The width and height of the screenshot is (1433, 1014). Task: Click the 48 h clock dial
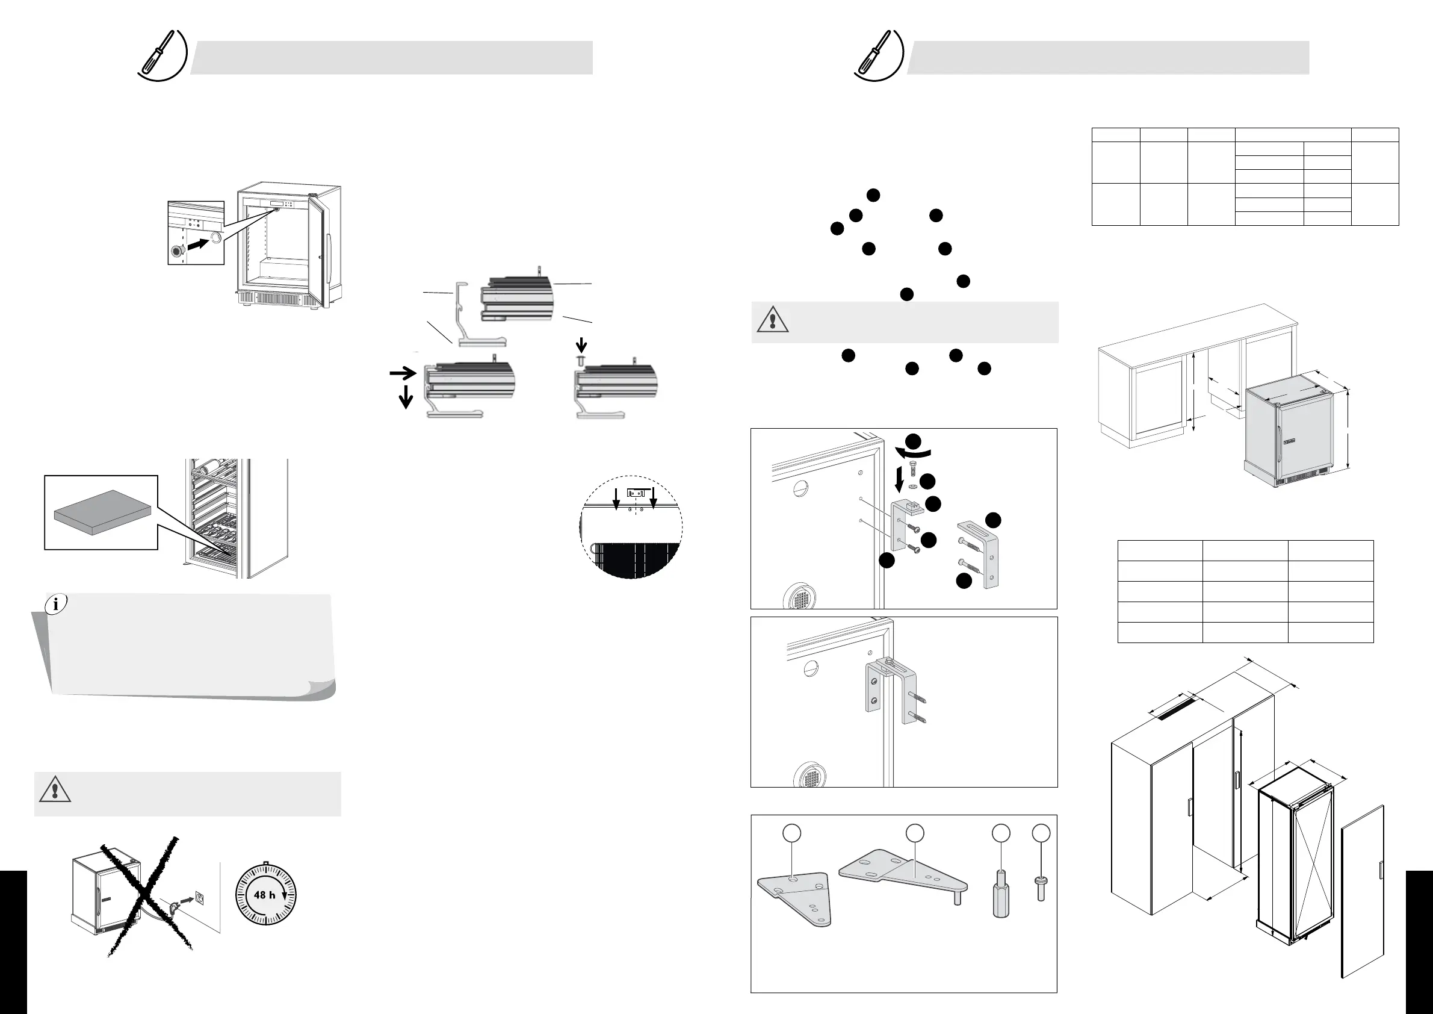[x=266, y=895]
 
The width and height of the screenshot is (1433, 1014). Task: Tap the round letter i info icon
[x=56, y=604]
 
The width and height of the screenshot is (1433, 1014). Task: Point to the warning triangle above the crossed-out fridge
[x=55, y=790]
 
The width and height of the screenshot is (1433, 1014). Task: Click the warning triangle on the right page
[x=773, y=319]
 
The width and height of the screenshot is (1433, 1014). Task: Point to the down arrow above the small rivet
[x=581, y=344]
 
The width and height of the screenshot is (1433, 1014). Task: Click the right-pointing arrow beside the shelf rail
[x=403, y=373]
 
